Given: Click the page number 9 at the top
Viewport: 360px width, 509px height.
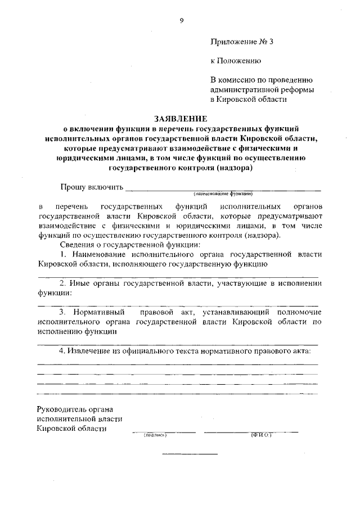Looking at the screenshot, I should [181, 21].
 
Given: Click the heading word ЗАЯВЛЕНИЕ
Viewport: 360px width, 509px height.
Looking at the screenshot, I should [181, 119].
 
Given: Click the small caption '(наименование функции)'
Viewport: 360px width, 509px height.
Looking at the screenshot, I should [223, 193].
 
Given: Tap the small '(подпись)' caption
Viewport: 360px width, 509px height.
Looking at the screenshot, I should [156, 435].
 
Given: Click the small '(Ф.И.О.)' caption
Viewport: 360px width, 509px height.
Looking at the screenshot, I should [261, 435].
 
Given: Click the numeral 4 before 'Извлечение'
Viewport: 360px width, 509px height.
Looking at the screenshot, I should [62, 351].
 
